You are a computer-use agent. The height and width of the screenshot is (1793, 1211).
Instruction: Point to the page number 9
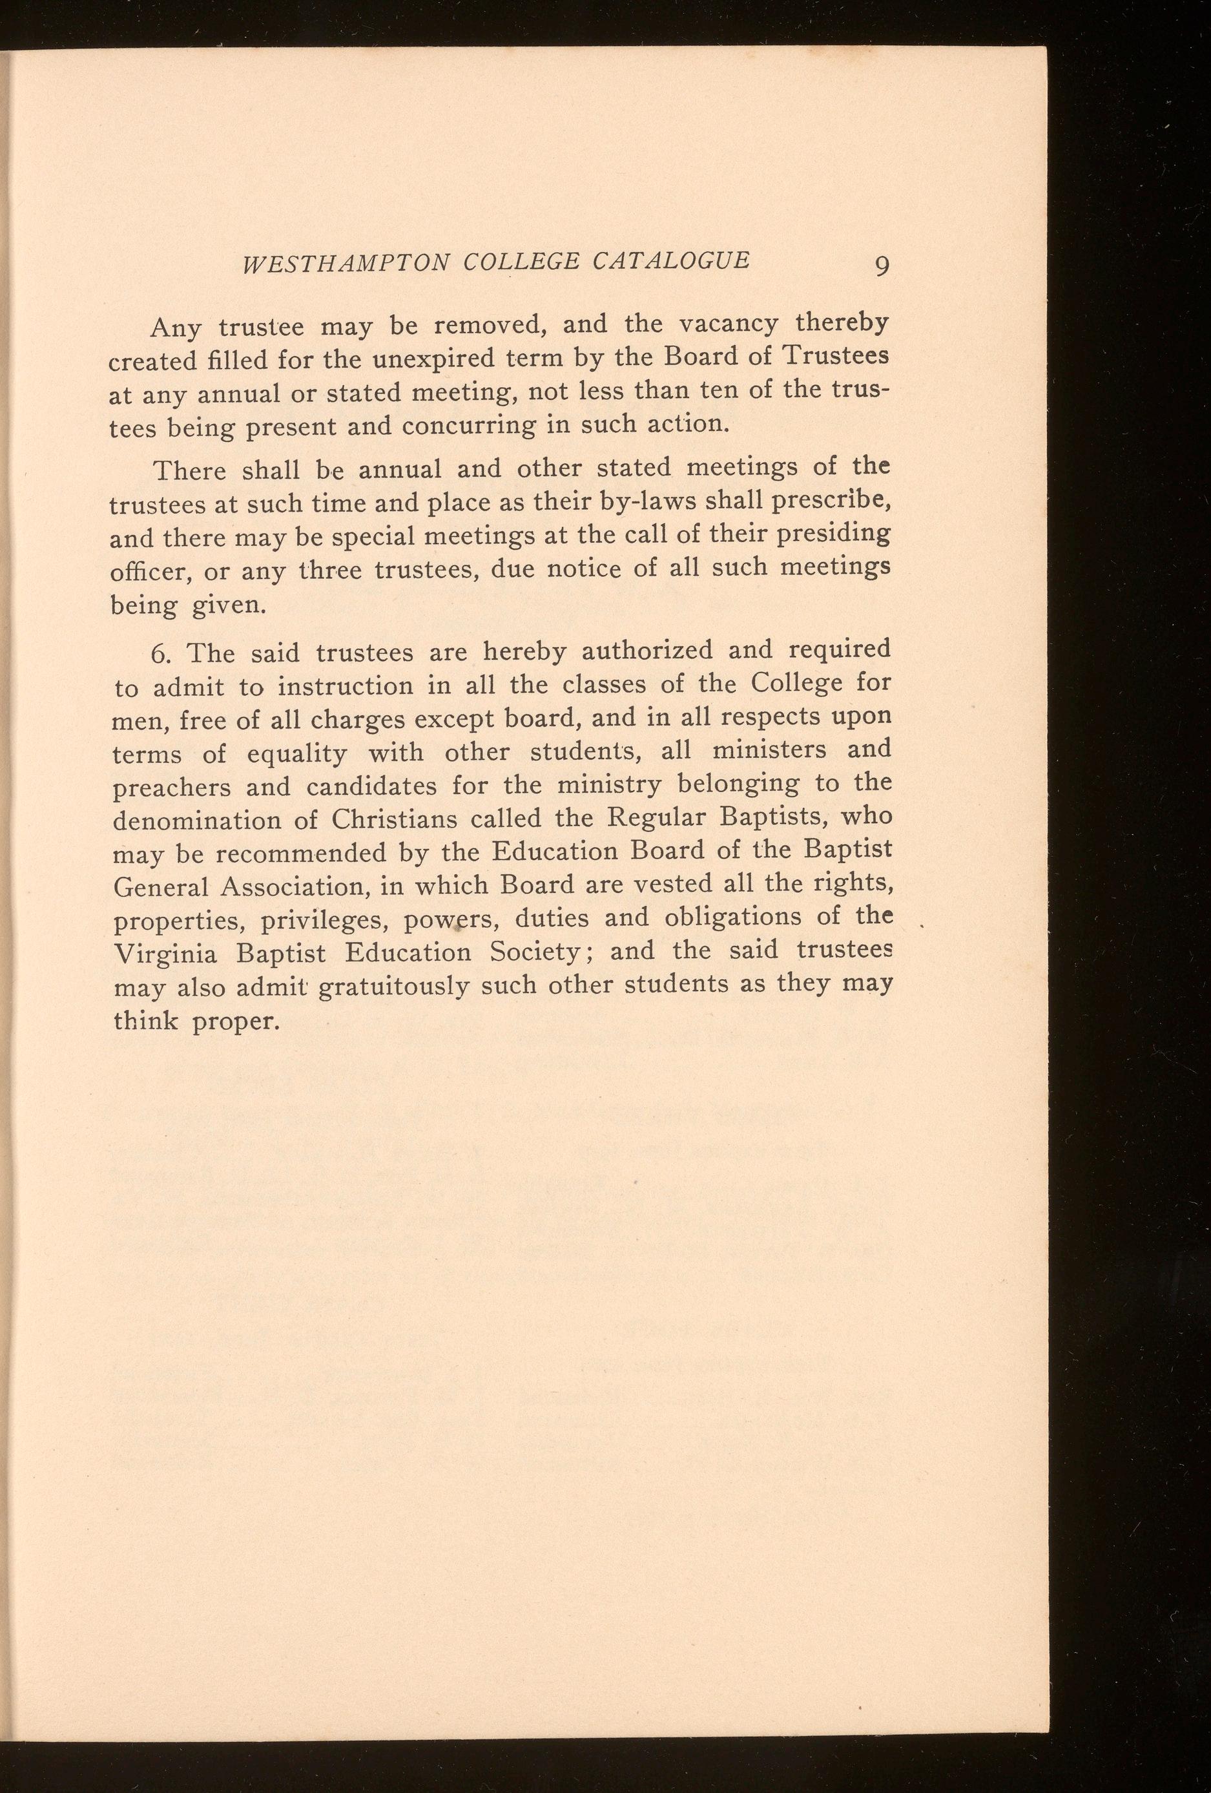[x=882, y=266]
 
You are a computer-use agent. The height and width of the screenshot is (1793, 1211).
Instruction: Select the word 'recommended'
[x=301, y=854]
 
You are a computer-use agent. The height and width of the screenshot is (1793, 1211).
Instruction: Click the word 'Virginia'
[x=164, y=954]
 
